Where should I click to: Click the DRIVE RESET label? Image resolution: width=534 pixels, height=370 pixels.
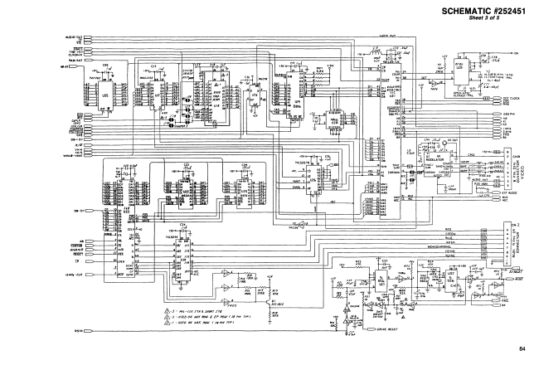point(376,329)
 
